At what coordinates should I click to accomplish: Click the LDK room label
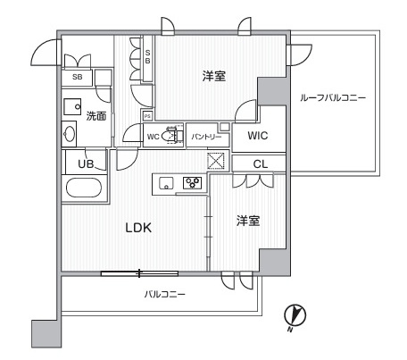tap(138, 228)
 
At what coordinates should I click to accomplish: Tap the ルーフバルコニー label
tap(333, 97)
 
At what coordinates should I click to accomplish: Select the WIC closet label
tap(258, 136)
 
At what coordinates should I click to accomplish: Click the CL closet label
tap(261, 164)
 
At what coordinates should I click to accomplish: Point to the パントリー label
tap(206, 137)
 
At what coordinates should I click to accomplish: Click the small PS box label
tap(147, 116)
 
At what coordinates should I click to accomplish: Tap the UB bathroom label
tap(86, 164)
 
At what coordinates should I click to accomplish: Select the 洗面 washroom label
tap(96, 116)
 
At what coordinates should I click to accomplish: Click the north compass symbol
tap(295, 316)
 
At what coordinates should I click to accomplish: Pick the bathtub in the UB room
tap(84, 188)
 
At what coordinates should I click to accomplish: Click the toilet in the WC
tap(170, 136)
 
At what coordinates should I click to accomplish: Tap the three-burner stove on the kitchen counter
tap(192, 182)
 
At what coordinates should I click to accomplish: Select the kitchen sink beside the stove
tap(166, 183)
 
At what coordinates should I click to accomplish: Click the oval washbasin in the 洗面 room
tap(70, 134)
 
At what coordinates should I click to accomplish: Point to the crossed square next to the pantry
tap(216, 161)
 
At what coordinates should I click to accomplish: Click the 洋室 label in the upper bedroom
tap(214, 76)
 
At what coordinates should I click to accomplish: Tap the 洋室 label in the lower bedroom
tap(248, 221)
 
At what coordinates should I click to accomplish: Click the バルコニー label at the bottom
tap(165, 295)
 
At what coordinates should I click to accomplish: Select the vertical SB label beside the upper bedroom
tap(147, 56)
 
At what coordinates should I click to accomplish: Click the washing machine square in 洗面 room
tap(72, 106)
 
